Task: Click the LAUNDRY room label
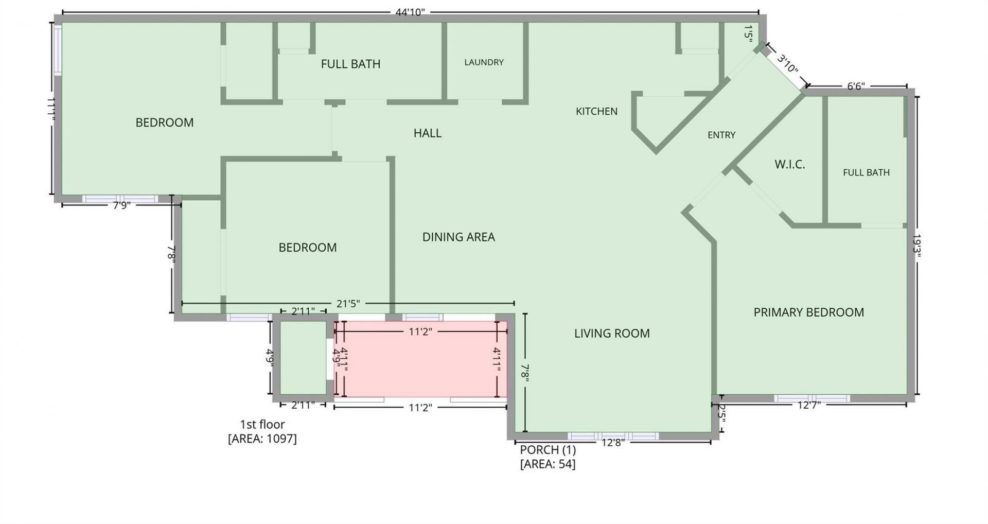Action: coord(484,62)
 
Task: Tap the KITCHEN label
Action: coord(596,111)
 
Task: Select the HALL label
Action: coord(427,133)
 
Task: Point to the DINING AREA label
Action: coord(458,237)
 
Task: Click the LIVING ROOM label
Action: coord(612,334)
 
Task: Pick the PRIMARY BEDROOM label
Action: coord(808,312)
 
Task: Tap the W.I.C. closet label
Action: coord(789,165)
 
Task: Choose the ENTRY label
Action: coord(721,135)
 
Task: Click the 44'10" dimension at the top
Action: coord(410,12)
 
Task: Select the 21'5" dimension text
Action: coord(348,304)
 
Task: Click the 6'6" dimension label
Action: coord(856,86)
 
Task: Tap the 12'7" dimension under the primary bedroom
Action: coord(809,405)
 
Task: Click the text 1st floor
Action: coord(262,425)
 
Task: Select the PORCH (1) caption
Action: coord(548,450)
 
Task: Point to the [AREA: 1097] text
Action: coord(262,439)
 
